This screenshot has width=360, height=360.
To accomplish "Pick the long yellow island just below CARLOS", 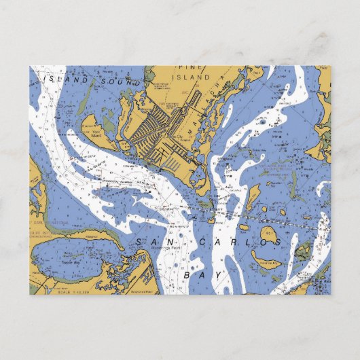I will coord(266,260).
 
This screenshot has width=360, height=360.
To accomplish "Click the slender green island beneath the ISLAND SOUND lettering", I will coord(83,103).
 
